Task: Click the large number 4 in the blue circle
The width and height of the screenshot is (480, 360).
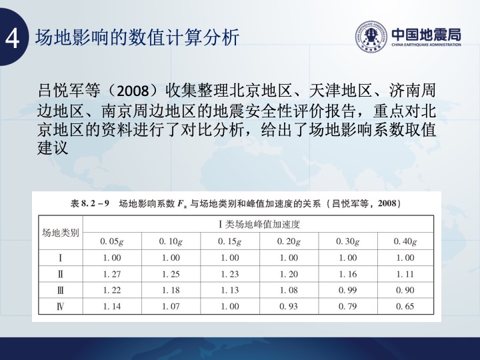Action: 12,39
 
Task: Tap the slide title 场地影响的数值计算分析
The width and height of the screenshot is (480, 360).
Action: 137,37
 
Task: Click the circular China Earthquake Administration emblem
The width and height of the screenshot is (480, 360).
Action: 371,37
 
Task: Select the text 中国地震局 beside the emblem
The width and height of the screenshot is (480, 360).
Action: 427,35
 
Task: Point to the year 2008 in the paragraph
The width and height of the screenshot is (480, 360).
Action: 133,91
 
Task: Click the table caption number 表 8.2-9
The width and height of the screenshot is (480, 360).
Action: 90,203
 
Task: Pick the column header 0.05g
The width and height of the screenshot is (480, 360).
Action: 112,241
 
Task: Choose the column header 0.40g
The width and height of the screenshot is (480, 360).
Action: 405,241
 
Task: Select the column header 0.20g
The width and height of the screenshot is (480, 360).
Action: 289,241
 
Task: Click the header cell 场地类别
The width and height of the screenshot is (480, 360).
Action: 60,233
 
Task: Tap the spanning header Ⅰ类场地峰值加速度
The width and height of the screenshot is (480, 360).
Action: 259,225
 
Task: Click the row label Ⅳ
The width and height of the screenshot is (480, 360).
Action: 60,306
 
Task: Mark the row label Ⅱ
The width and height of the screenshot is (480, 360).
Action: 60,274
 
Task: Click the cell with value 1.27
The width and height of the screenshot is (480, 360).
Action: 112,274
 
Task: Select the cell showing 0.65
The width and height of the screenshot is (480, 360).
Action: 405,307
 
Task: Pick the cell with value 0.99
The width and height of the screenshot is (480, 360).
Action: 348,290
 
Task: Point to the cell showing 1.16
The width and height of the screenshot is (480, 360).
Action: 348,274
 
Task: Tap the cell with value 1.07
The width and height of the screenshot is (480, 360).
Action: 171,307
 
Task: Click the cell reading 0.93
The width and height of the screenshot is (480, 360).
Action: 289,307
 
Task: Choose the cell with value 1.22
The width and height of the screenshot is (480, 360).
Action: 112,290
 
